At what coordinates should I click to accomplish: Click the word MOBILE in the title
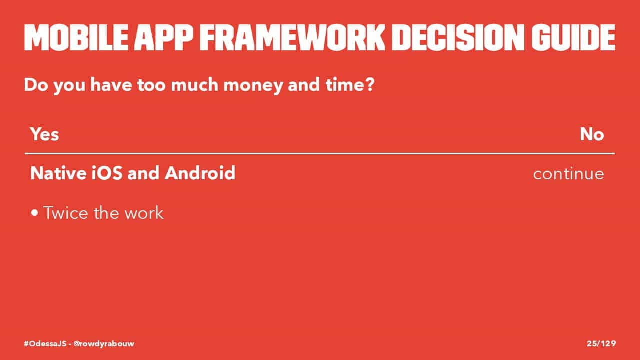click(76, 37)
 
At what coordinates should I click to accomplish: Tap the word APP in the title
click(164, 37)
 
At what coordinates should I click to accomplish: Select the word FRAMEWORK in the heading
click(292, 37)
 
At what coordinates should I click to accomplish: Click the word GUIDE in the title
click(573, 37)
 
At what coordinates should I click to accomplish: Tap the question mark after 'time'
click(369, 85)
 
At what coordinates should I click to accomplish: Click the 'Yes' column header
click(45, 134)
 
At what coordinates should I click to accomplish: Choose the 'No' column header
click(592, 134)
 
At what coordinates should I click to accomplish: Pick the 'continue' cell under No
click(568, 174)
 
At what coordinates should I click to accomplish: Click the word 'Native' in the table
click(58, 173)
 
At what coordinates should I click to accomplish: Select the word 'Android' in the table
click(200, 173)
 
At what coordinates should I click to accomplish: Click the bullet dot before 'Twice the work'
click(35, 213)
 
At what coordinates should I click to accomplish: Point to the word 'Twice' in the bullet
click(66, 213)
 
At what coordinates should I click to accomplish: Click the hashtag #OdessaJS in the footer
click(45, 343)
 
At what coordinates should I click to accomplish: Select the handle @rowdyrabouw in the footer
click(104, 343)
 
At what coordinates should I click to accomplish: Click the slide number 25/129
click(601, 343)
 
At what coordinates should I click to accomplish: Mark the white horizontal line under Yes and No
click(320, 153)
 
